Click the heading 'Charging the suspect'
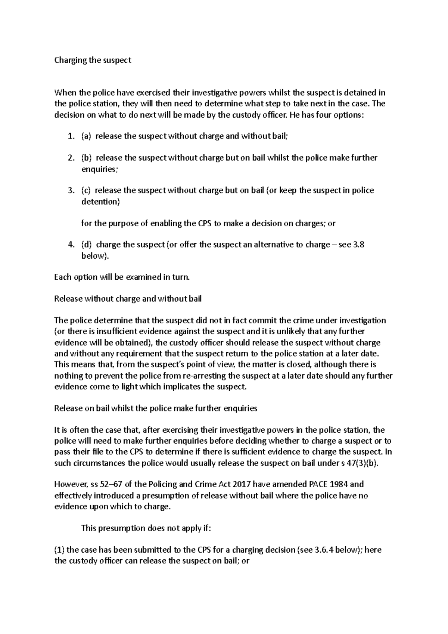(93, 60)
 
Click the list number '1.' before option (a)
(71, 136)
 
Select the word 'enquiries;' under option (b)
(99, 169)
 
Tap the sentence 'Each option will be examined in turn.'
(122, 277)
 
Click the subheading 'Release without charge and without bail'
(128, 299)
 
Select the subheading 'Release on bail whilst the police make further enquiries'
(156, 408)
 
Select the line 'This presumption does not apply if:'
(146, 528)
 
